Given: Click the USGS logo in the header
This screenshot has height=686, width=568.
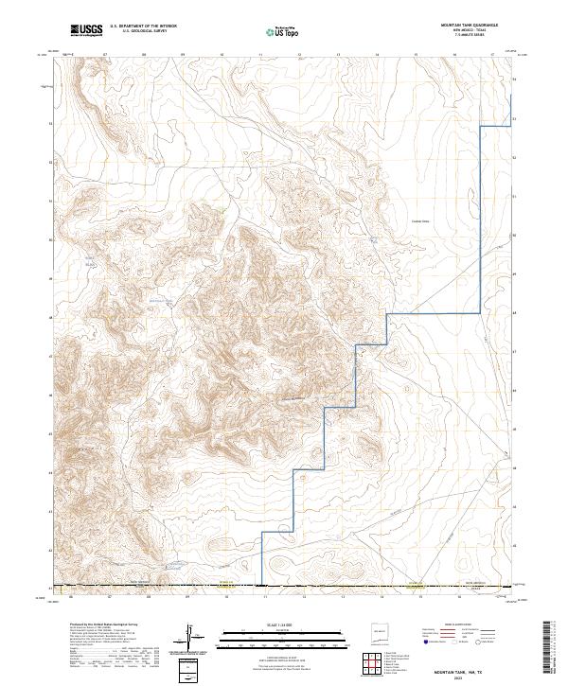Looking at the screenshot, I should tap(86, 30).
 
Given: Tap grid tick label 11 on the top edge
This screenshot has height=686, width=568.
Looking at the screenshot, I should tap(260, 55).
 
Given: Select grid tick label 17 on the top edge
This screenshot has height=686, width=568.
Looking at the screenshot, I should tap(493, 55).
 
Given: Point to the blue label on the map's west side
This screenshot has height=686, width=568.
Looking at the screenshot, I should tap(91, 263).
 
